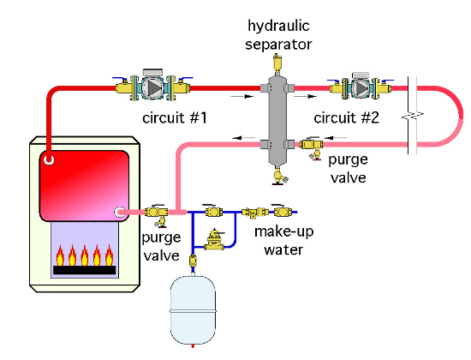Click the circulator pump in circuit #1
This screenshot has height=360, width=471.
[152, 86]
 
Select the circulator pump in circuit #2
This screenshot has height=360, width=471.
[361, 87]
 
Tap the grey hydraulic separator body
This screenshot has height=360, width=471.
[277, 120]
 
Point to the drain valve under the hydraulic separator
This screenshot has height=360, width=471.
[279, 176]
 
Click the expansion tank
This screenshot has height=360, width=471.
[193, 309]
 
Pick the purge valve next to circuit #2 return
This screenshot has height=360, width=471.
[313, 147]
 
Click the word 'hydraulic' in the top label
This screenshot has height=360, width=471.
[278, 26]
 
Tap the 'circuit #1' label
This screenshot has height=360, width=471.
[175, 117]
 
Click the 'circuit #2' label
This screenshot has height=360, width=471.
[346, 117]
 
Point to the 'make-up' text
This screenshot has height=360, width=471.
[283, 232]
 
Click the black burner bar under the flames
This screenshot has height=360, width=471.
[85, 270]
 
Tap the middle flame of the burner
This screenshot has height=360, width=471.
[85, 255]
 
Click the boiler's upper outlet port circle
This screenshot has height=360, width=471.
[49, 159]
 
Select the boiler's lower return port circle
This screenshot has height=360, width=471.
[120, 212]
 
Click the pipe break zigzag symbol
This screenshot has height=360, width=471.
[413, 115]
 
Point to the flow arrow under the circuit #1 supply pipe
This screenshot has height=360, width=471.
[242, 97]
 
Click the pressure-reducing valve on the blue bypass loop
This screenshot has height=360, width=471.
[214, 240]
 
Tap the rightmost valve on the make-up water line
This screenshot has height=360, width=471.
[282, 211]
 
